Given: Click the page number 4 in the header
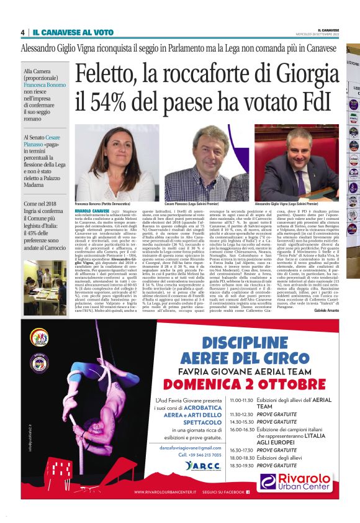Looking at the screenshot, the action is (23, 32).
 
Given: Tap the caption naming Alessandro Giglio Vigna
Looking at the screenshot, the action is (296, 204).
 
